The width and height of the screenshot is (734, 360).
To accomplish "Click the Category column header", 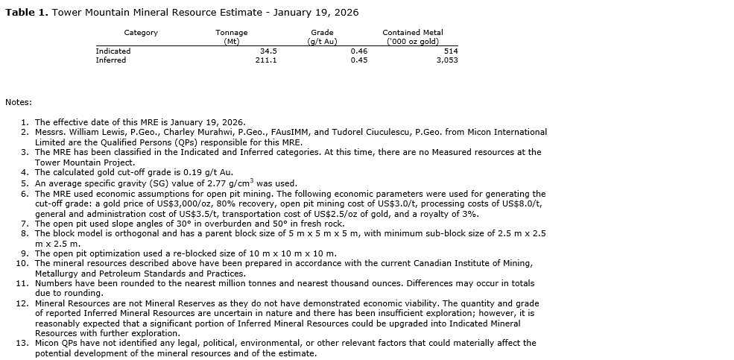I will click(x=141, y=33).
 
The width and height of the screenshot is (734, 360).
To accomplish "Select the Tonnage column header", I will click(x=231, y=33).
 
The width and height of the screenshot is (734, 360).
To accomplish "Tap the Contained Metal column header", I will click(x=412, y=33).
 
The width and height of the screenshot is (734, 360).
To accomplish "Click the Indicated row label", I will click(x=113, y=51).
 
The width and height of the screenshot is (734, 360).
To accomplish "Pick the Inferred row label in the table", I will click(x=111, y=60).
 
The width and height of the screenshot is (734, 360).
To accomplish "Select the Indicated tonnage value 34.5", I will click(x=268, y=51).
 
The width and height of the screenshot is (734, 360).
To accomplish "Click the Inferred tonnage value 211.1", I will click(x=266, y=60).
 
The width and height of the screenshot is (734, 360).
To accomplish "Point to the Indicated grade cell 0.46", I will click(x=359, y=51).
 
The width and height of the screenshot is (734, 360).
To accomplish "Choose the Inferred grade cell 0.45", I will click(x=359, y=60).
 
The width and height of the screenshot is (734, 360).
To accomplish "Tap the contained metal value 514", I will click(x=451, y=51).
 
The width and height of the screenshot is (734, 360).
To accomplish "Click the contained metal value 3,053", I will click(x=447, y=60).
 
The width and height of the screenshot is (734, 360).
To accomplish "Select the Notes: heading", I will click(x=18, y=102).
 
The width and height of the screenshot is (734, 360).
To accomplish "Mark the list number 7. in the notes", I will click(x=25, y=224).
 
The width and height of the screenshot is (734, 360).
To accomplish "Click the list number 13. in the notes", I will click(x=22, y=343).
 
